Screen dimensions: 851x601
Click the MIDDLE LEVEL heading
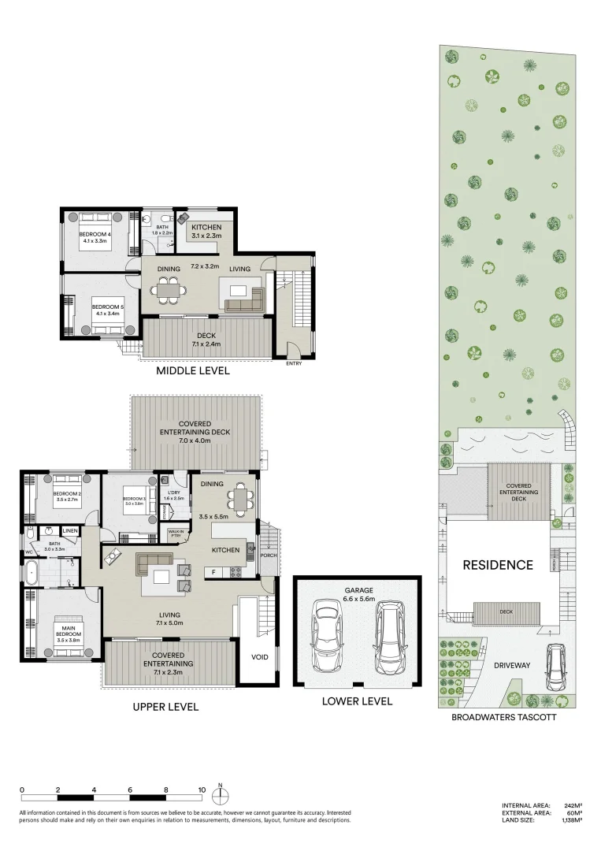pyautogui.click(x=192, y=370)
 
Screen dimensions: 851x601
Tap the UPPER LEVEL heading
pyautogui.click(x=165, y=707)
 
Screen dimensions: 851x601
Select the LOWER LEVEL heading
pyautogui.click(x=356, y=700)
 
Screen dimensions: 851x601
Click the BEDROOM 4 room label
pyautogui.click(x=97, y=234)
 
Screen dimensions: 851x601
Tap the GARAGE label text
pyautogui.click(x=357, y=589)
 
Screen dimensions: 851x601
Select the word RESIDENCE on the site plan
pyautogui.click(x=497, y=565)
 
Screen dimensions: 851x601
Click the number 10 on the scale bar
pyautogui.click(x=202, y=789)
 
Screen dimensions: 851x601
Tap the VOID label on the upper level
pyautogui.click(x=259, y=656)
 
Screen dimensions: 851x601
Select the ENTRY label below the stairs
pyautogui.click(x=294, y=363)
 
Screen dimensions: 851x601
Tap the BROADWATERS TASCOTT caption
pyautogui.click(x=503, y=717)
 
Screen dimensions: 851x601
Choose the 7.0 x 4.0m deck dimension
pyautogui.click(x=195, y=441)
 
